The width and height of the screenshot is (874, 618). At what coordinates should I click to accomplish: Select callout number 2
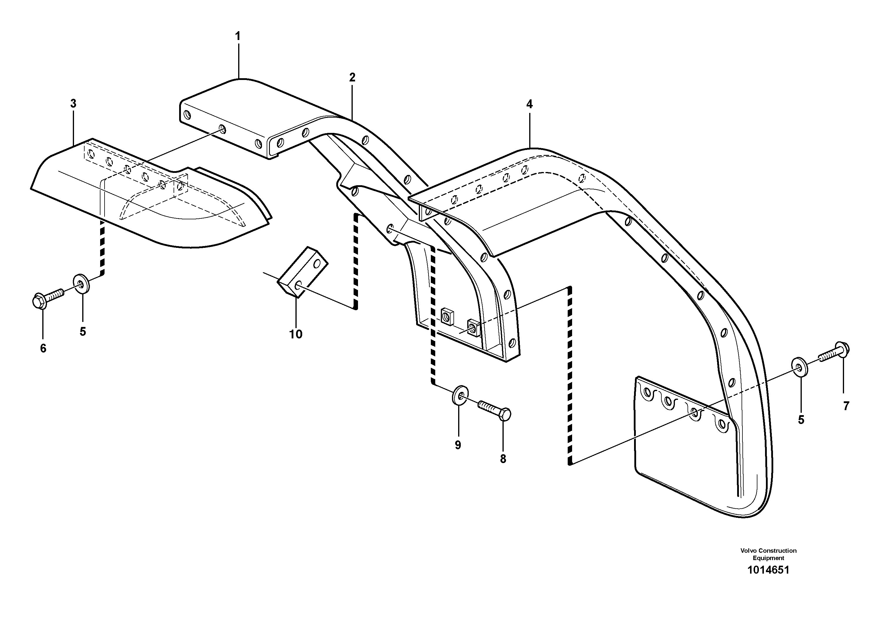click(x=352, y=77)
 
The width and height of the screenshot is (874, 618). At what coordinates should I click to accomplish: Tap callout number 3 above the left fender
click(x=73, y=103)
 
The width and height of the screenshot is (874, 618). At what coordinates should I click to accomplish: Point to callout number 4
click(x=529, y=104)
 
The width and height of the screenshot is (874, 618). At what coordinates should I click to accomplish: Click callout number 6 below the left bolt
click(x=43, y=348)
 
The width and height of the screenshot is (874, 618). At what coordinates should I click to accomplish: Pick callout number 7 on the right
click(x=846, y=406)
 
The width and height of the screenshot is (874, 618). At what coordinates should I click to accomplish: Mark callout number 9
click(x=458, y=445)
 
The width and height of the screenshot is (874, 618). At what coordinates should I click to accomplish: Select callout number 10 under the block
click(x=296, y=334)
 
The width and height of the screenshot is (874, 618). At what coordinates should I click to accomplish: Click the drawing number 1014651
click(x=768, y=581)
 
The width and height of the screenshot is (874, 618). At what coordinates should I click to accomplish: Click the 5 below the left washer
click(x=83, y=331)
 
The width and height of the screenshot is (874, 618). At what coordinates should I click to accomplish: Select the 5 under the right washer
click(x=801, y=420)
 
